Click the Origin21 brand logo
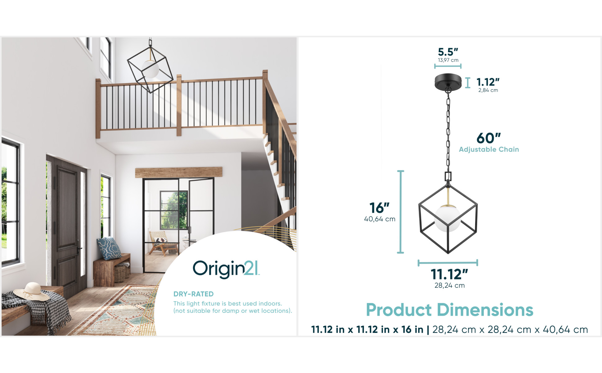(x=226, y=269)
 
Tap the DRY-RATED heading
(x=193, y=294)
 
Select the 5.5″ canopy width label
(x=448, y=52)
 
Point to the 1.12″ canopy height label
(x=488, y=82)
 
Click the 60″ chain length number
(x=489, y=138)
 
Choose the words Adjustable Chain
(x=489, y=150)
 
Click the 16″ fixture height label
(x=379, y=208)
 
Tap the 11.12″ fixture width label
(x=449, y=274)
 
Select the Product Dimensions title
(x=450, y=310)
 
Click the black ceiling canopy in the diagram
(x=448, y=81)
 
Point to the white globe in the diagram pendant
(x=447, y=219)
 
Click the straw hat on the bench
(x=31, y=291)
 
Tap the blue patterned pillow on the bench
(x=109, y=248)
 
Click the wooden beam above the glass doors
(x=179, y=172)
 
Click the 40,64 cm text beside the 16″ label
(x=380, y=219)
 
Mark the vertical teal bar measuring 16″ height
(x=401, y=212)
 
